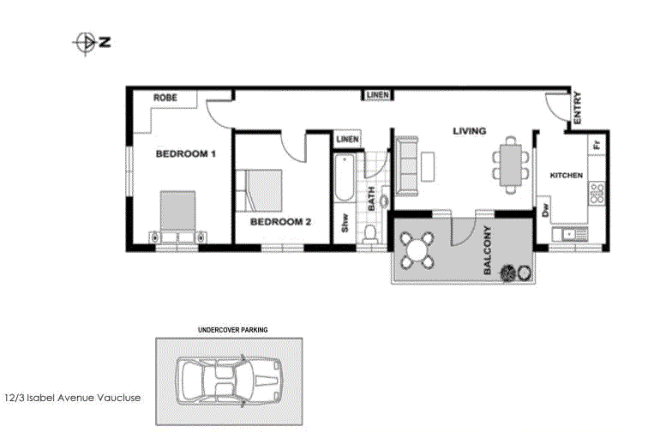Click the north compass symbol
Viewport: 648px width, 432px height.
tap(91, 43)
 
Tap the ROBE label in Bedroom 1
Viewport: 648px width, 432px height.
tap(165, 98)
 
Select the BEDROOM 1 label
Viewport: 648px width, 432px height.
tap(185, 153)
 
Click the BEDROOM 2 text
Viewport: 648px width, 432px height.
tap(280, 222)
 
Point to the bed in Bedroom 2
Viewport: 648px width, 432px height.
tap(259, 190)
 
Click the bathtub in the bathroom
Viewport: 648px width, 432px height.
tap(344, 177)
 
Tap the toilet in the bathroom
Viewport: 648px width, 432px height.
tap(369, 233)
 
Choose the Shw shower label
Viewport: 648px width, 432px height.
tap(345, 222)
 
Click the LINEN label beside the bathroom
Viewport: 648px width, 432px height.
tap(347, 140)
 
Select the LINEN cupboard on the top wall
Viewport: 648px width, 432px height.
tap(378, 95)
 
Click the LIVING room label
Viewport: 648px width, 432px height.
tap(469, 131)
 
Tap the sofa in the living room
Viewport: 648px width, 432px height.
tap(407, 165)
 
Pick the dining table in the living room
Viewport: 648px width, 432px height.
tap(511, 165)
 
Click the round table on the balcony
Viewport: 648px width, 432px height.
tap(417, 250)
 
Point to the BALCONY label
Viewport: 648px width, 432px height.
tap(487, 250)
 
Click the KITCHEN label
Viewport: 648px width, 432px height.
tap(567, 175)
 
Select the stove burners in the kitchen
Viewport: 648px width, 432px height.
tap(597, 193)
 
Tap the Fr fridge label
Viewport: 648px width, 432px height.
tap(596, 144)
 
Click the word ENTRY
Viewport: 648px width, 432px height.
tap(578, 107)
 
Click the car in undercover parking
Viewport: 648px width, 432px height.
tap(230, 381)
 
